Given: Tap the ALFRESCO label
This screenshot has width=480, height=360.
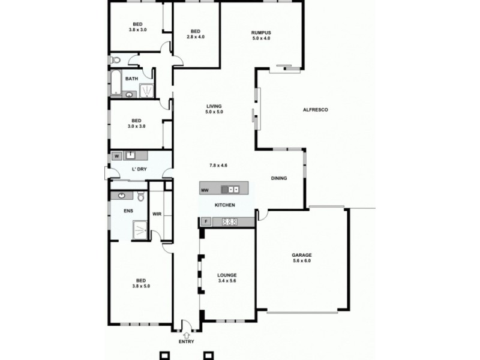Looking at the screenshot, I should pos(315,110).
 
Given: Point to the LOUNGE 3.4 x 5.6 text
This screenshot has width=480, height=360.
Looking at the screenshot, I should pos(227,278).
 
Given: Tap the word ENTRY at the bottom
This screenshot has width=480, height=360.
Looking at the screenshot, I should pos(187,342).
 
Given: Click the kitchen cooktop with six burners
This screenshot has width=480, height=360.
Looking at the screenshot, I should pos(230,222).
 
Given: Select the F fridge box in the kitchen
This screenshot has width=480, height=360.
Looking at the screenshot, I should pos(206,222).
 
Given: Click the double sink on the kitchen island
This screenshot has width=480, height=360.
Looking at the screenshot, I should pos(231,190).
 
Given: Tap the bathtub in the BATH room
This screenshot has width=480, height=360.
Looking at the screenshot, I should pos(115,84).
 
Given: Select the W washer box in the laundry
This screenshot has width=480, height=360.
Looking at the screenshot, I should pos(116,156).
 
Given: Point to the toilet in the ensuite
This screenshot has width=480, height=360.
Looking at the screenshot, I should pos(140,196).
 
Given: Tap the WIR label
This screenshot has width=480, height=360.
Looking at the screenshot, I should pos(157,213).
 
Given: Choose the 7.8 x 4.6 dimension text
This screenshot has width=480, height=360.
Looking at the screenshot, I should pos(218,165).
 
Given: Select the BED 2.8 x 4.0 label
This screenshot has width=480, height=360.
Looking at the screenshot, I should pos(195,34).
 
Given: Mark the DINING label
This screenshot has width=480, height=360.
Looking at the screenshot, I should pos(278,178).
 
